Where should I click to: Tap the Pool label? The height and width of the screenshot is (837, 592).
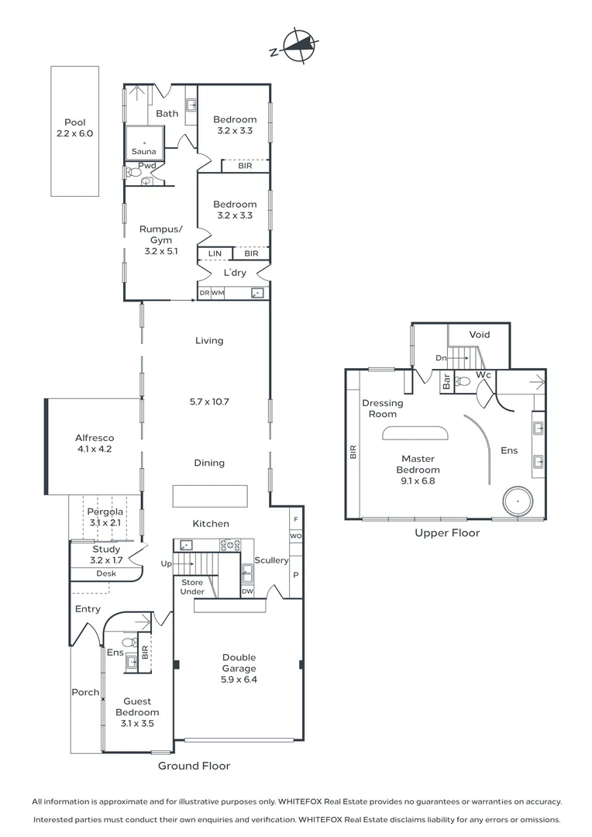[x=74, y=122]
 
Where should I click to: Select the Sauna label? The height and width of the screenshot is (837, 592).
[x=143, y=152]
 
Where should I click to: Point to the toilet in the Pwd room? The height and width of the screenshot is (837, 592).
[x=131, y=172]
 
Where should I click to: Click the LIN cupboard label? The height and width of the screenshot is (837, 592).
[x=215, y=253]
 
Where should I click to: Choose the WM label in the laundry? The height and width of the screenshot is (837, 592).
[x=218, y=293]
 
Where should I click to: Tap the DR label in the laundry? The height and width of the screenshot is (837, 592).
[x=205, y=293]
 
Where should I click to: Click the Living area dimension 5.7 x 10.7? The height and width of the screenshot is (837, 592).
[x=209, y=401]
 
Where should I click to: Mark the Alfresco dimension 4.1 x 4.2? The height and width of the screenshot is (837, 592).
[x=95, y=449]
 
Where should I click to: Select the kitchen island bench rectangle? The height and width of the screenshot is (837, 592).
[x=210, y=496]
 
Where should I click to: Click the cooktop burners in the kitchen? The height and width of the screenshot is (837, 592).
[x=230, y=545]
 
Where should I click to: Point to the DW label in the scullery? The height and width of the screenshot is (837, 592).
[x=247, y=591]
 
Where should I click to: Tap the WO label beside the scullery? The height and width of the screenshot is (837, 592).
[x=296, y=536]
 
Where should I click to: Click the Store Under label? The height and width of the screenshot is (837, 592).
[x=192, y=587]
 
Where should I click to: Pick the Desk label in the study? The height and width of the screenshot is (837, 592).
[x=106, y=573]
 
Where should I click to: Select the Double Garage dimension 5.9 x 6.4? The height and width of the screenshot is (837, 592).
[x=239, y=680]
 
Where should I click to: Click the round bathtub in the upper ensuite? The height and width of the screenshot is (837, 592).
[x=518, y=501]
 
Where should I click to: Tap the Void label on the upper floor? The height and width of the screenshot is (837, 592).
[x=480, y=335]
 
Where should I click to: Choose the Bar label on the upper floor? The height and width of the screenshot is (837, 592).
[x=446, y=381]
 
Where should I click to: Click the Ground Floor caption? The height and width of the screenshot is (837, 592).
[x=194, y=766]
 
